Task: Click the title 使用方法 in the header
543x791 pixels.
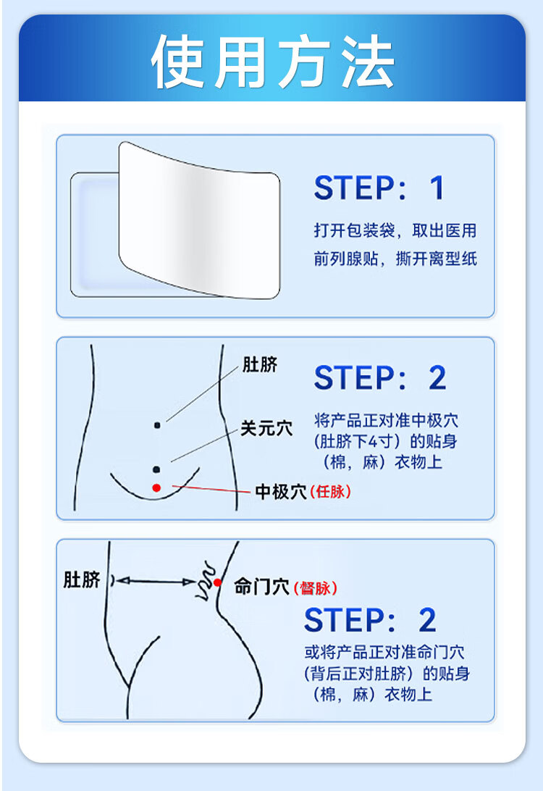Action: [x=272, y=62]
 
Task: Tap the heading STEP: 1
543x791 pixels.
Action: [x=379, y=188]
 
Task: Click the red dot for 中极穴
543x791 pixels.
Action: [x=156, y=487]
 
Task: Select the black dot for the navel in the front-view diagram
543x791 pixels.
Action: [x=157, y=425]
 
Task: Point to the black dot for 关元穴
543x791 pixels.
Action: [x=156, y=469]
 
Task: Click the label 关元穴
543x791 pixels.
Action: [x=266, y=428]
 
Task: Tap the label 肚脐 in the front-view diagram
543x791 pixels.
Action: [x=260, y=364]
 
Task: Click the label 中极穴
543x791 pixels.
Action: [x=281, y=491]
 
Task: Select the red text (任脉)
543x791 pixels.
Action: [x=330, y=491]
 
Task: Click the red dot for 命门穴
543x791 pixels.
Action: [x=217, y=582]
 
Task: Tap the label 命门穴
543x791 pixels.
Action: [x=261, y=587]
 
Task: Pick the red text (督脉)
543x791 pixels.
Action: [x=315, y=587]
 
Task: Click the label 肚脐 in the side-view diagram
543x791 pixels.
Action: [x=82, y=579]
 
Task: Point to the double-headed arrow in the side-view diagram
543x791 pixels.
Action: [x=153, y=581]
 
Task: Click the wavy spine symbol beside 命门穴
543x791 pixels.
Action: [x=205, y=580]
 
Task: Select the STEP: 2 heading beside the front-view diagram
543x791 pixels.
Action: [x=379, y=378]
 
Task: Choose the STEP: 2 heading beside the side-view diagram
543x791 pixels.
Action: [x=369, y=620]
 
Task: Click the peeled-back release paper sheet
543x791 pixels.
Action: [x=199, y=220]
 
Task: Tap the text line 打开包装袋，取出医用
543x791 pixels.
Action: [x=395, y=230]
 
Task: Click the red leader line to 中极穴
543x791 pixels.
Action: [x=211, y=489]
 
